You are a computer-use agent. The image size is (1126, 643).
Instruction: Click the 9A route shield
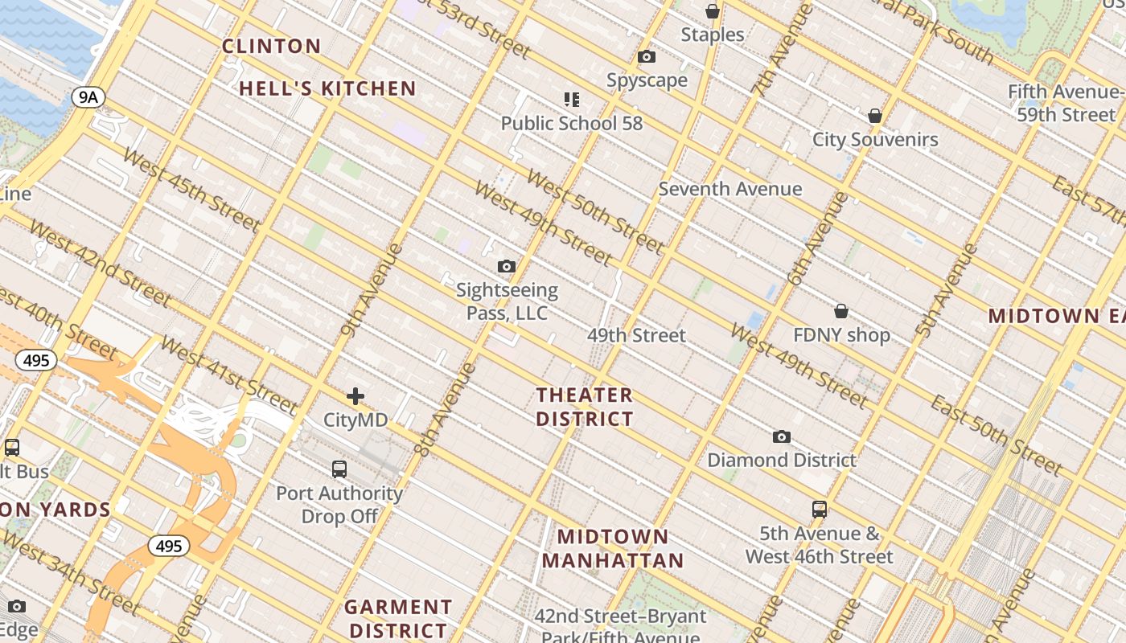click(x=88, y=97)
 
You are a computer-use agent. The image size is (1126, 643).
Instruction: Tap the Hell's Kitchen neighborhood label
click(x=327, y=88)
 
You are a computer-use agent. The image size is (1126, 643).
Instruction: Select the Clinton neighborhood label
click(x=271, y=46)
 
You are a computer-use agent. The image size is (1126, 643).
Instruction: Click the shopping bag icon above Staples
click(x=712, y=11)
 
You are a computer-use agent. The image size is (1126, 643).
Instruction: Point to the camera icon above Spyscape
click(x=647, y=57)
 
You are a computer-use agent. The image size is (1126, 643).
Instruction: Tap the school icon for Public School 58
click(x=572, y=100)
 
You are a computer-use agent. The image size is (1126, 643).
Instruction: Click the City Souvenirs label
click(x=875, y=139)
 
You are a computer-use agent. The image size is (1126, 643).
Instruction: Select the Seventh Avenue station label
click(x=730, y=189)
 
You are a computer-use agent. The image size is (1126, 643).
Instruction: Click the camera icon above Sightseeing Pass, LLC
click(x=507, y=267)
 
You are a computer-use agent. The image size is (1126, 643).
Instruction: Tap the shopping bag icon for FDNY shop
click(x=841, y=311)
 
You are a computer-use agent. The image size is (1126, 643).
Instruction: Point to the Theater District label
click(x=585, y=407)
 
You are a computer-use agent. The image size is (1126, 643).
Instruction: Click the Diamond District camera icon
click(x=781, y=437)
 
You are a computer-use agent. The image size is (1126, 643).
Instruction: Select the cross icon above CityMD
click(x=355, y=396)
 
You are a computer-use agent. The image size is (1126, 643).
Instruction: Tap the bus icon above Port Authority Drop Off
click(x=339, y=469)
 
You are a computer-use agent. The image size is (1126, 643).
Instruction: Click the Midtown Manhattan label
click(x=613, y=548)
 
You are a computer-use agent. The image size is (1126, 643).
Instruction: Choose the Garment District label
click(x=398, y=618)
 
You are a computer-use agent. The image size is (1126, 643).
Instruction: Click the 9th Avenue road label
click(x=372, y=289)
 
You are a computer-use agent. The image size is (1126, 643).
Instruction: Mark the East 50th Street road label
click(x=997, y=434)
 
